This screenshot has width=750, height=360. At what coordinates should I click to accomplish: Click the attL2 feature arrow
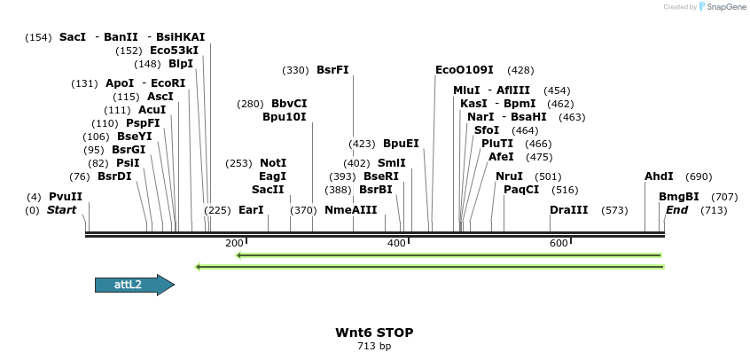pyautogui.click(x=134, y=285)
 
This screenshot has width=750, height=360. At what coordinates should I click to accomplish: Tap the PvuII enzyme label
pyautogui.click(x=66, y=197)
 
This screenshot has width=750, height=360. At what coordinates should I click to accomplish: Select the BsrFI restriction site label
pyautogui.click(x=332, y=70)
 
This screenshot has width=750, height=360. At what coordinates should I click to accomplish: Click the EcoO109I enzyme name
pyautogui.click(x=465, y=70)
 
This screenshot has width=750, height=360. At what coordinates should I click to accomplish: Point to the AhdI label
pyautogui.click(x=659, y=176)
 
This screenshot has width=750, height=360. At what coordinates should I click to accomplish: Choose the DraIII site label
pyautogui.click(x=568, y=210)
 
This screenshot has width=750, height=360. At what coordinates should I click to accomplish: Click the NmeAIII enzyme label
pyautogui.click(x=351, y=210)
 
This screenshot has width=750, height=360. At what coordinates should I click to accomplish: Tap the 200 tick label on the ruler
pyautogui.click(x=234, y=243)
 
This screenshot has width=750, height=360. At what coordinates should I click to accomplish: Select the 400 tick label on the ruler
pyautogui.click(x=396, y=243)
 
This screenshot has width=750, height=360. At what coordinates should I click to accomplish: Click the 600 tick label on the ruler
pyautogui.click(x=558, y=243)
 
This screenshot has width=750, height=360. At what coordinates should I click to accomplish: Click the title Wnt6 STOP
pyautogui.click(x=374, y=333)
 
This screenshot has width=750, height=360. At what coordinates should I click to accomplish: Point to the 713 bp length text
pyautogui.click(x=374, y=346)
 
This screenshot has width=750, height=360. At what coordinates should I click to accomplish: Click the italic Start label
pyautogui.click(x=62, y=210)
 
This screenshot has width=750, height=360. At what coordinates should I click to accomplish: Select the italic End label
pyautogui.click(x=676, y=210)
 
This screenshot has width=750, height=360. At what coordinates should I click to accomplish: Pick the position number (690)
pyautogui.click(x=699, y=176)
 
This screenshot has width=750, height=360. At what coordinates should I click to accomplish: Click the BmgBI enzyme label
pyautogui.click(x=679, y=197)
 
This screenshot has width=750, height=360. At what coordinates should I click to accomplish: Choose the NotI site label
pyautogui.click(x=273, y=163)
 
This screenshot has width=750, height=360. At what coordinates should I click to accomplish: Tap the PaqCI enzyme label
pyautogui.click(x=521, y=190)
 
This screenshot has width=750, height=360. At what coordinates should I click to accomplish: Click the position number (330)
pyautogui.click(x=295, y=70)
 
